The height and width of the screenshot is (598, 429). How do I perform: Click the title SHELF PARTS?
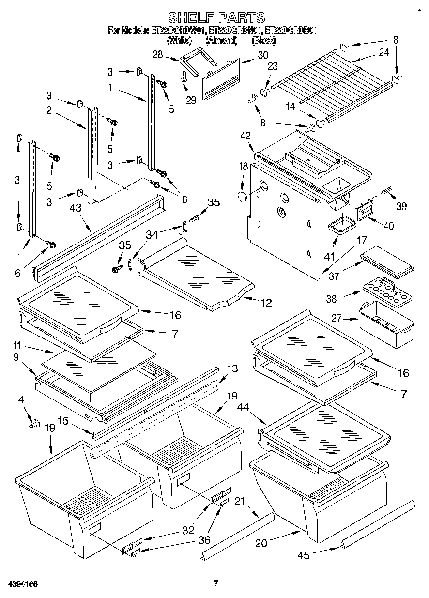[x=216, y=18]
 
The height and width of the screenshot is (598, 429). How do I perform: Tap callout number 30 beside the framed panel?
[x=262, y=56]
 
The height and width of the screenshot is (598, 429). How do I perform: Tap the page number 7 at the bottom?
[x=216, y=583]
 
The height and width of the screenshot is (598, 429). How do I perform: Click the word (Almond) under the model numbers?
[x=221, y=41]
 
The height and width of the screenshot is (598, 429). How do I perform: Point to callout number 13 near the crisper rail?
[x=232, y=369]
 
